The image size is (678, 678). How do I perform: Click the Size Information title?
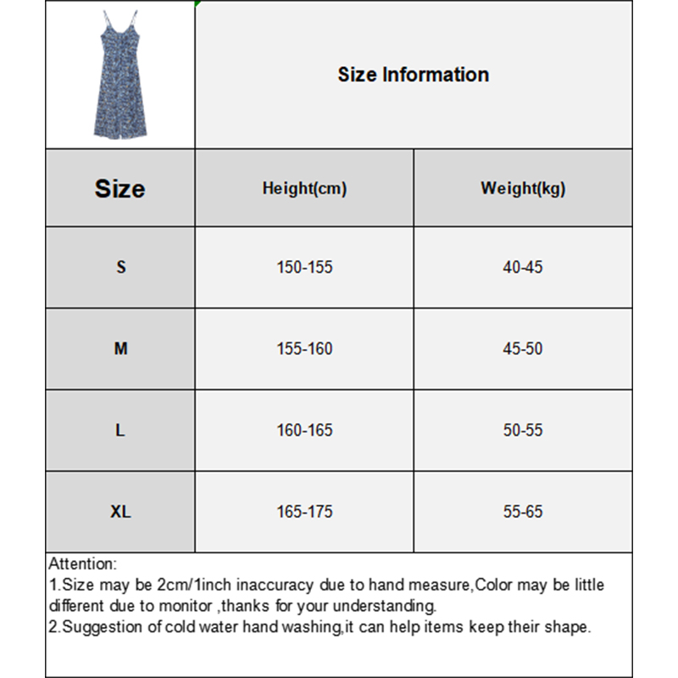[x=414, y=75]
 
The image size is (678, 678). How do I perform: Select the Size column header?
[x=120, y=188]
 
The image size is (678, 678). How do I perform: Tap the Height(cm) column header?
[x=304, y=188]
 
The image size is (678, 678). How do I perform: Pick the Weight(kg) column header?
[x=523, y=188]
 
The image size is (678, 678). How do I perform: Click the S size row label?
[x=120, y=267]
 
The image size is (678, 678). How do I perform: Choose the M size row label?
[x=120, y=348]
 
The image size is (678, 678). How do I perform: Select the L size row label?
[x=120, y=430]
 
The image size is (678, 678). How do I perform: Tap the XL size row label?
[x=120, y=512]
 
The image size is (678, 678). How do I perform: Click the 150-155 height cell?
[x=304, y=267]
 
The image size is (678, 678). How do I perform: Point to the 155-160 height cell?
[x=304, y=348]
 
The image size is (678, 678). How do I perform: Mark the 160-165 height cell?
[x=304, y=430]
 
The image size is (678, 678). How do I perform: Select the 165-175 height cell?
[x=304, y=512]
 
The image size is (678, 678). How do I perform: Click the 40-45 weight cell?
[x=523, y=267]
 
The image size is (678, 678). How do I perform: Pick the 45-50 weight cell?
[x=523, y=348]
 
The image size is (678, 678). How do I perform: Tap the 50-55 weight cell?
[x=523, y=430]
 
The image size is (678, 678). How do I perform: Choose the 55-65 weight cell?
[x=523, y=512]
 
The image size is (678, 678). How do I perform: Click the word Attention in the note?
[x=81, y=564]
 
